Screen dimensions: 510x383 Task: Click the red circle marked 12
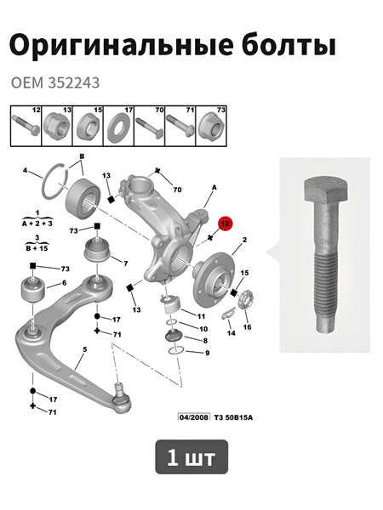coord(226,224)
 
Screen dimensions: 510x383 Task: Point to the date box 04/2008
coord(195,417)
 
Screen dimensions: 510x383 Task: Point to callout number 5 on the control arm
coord(84,349)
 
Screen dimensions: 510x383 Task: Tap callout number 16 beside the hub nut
coord(248,326)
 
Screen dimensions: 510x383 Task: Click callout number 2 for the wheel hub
coord(244,241)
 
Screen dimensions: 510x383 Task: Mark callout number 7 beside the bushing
coord(125,263)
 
